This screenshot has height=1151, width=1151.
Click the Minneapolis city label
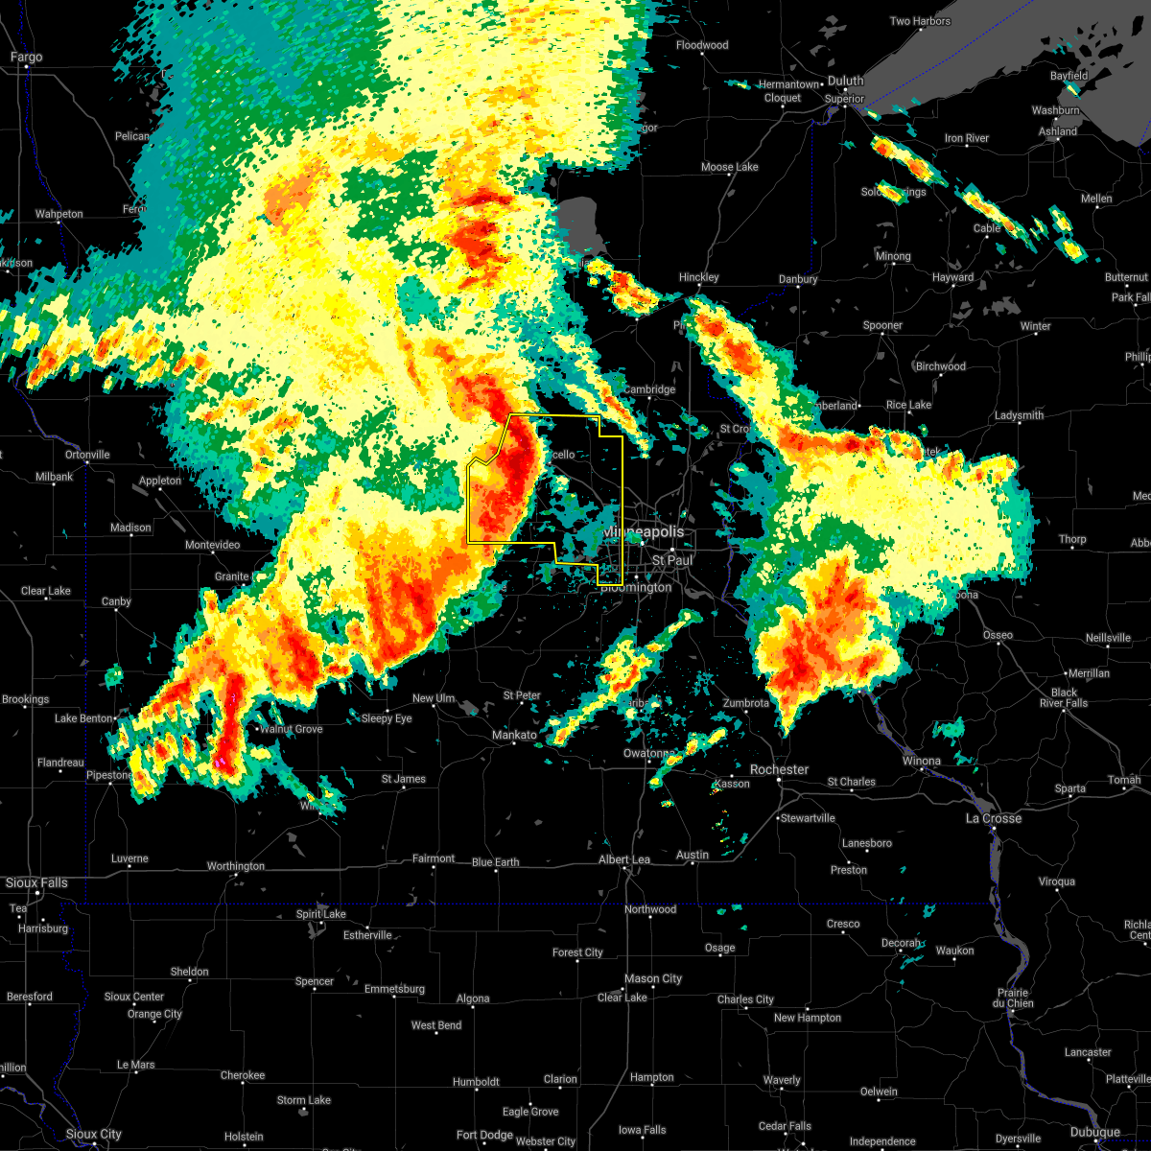[x=644, y=531]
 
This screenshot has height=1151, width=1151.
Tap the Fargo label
[x=26, y=58]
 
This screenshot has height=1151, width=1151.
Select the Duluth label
[x=846, y=82]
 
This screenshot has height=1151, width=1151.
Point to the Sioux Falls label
[x=36, y=882]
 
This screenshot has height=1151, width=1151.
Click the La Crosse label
[x=993, y=818]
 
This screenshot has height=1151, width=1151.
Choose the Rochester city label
[x=780, y=769]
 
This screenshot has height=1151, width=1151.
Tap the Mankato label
[x=514, y=736]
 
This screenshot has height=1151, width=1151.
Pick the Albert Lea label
[x=624, y=859]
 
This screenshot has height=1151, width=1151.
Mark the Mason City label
[x=653, y=978]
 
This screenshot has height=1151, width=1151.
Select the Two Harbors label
[x=920, y=21]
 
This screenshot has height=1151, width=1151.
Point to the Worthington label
[x=235, y=866]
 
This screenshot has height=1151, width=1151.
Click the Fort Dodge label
[x=484, y=1135]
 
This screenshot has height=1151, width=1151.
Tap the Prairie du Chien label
[x=1014, y=998]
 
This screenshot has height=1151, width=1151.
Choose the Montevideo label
[x=212, y=545]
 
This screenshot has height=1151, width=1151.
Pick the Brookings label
[x=25, y=699]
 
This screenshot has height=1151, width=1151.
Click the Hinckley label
[x=698, y=277]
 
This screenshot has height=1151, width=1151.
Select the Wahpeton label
[x=59, y=214]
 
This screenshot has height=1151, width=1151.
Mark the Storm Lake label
[x=304, y=1100]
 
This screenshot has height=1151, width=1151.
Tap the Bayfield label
[x=1069, y=76]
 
